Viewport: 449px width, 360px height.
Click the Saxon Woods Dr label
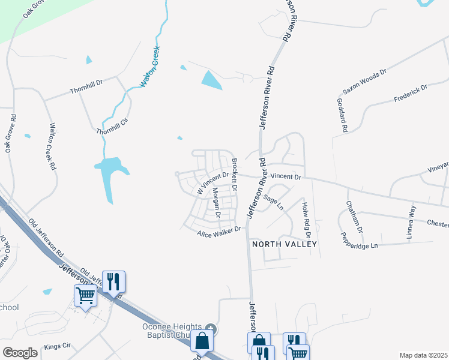pyautogui.click(x=364, y=81)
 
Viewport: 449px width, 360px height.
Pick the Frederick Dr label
pyautogui.click(x=411, y=92)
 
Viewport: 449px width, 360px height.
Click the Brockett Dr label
pyautogui.click(x=235, y=175)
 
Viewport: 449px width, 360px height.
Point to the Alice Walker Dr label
pyautogui.click(x=219, y=231)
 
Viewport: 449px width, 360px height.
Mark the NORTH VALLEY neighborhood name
pyautogui.click(x=284, y=244)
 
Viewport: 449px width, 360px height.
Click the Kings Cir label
pyautogui.click(x=58, y=347)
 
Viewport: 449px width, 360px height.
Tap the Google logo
pyautogui.click(x=20, y=353)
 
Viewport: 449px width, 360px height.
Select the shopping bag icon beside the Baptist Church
pyautogui.click(x=202, y=340)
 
